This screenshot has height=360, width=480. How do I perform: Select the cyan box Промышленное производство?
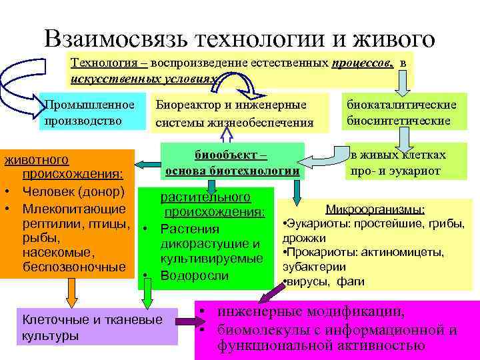tap(93, 112)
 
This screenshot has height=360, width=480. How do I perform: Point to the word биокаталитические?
tap(401, 105)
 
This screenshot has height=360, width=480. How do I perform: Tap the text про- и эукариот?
tap(395, 170)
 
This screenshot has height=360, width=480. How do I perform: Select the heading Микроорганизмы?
tap(375, 209)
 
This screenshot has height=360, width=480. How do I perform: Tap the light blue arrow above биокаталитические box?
tap(404, 79)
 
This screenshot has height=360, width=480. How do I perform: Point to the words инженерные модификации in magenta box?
tap(309, 311)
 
